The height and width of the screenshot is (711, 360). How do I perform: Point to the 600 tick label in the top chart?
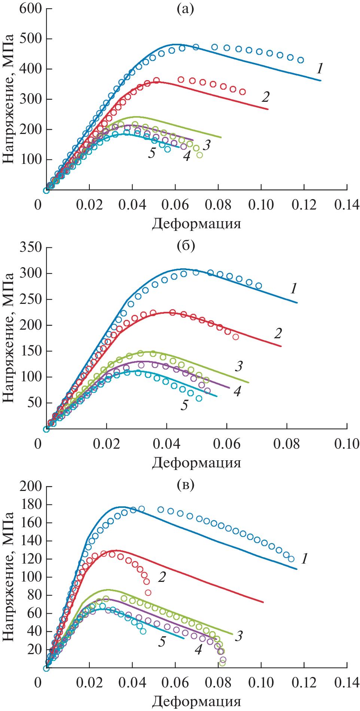point(30,8)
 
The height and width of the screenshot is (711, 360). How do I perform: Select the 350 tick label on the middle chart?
point(30,247)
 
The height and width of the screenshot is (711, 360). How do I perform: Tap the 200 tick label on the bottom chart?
point(30,486)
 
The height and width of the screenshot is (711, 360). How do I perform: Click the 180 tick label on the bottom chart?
point(30,504)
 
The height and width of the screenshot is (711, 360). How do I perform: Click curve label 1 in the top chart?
point(320,68)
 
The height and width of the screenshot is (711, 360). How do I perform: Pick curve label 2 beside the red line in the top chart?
point(265,97)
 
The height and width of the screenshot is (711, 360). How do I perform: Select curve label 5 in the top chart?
point(152,153)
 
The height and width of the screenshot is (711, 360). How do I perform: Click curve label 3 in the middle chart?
point(239,366)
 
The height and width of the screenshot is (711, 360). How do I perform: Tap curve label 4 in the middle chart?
point(237,391)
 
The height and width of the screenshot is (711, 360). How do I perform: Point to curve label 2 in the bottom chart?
point(162,577)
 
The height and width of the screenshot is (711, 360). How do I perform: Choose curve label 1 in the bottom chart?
point(305,559)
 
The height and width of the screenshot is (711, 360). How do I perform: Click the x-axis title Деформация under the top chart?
point(196,224)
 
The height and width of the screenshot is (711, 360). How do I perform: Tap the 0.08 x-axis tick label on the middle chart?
point(286,444)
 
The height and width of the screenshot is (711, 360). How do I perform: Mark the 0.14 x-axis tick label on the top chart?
point(347,205)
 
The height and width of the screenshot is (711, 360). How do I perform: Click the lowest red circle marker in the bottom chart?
point(148,592)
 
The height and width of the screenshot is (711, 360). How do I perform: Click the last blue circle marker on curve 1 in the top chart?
point(300,60)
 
